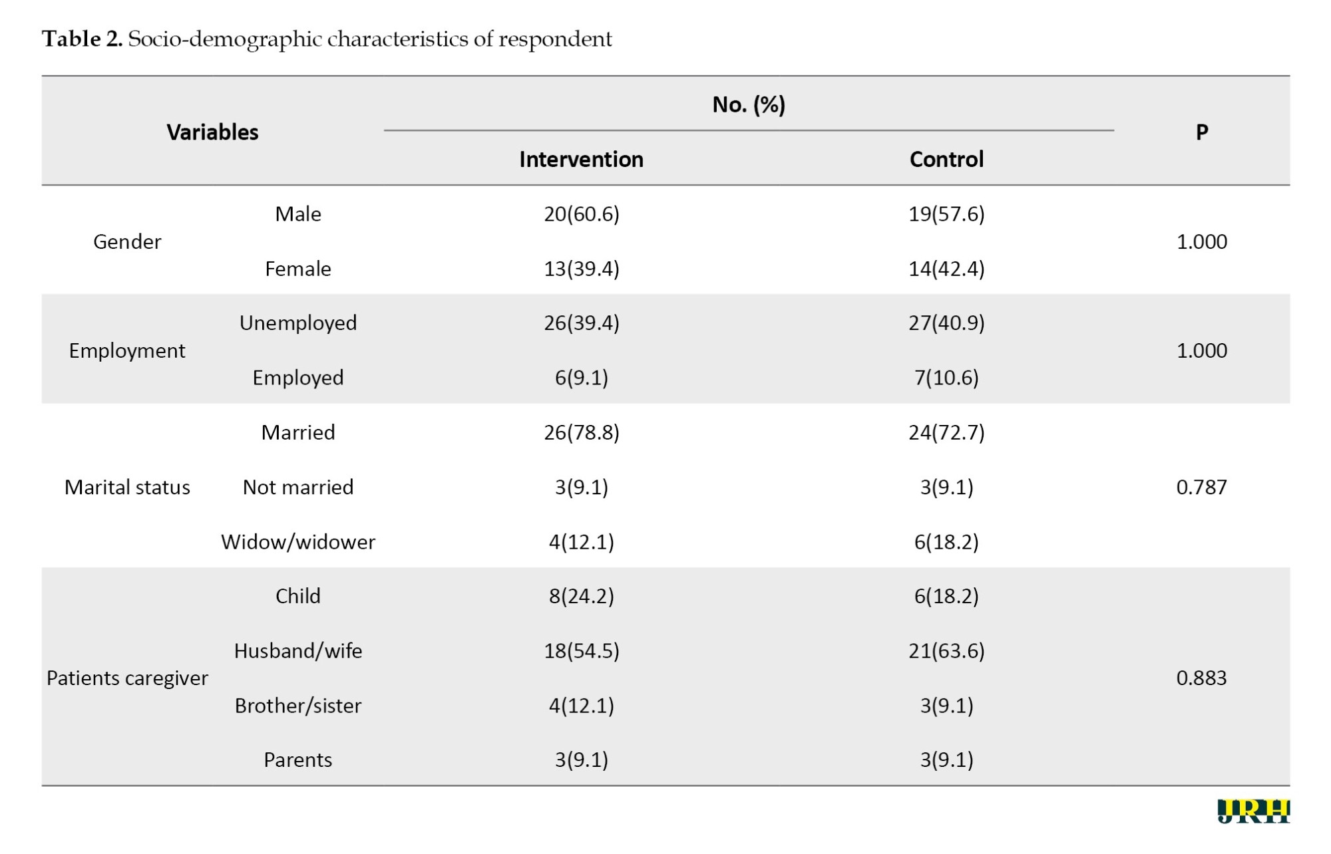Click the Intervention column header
point(581,160)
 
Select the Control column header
point(946,160)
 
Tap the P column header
point(1202,132)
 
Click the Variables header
point(212,132)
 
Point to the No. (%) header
point(749,105)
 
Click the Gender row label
point(127,241)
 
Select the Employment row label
point(127,351)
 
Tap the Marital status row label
point(127,488)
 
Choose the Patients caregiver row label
point(127,678)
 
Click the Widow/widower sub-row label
point(298,542)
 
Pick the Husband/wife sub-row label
point(298,650)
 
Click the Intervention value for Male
point(582,214)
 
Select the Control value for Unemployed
point(946,323)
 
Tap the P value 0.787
point(1201,488)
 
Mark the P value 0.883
point(1201,678)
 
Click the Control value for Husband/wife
point(946,650)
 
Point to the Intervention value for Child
point(582,596)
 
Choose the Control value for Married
point(946,433)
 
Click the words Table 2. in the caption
point(83,39)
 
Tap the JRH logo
point(1254,811)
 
